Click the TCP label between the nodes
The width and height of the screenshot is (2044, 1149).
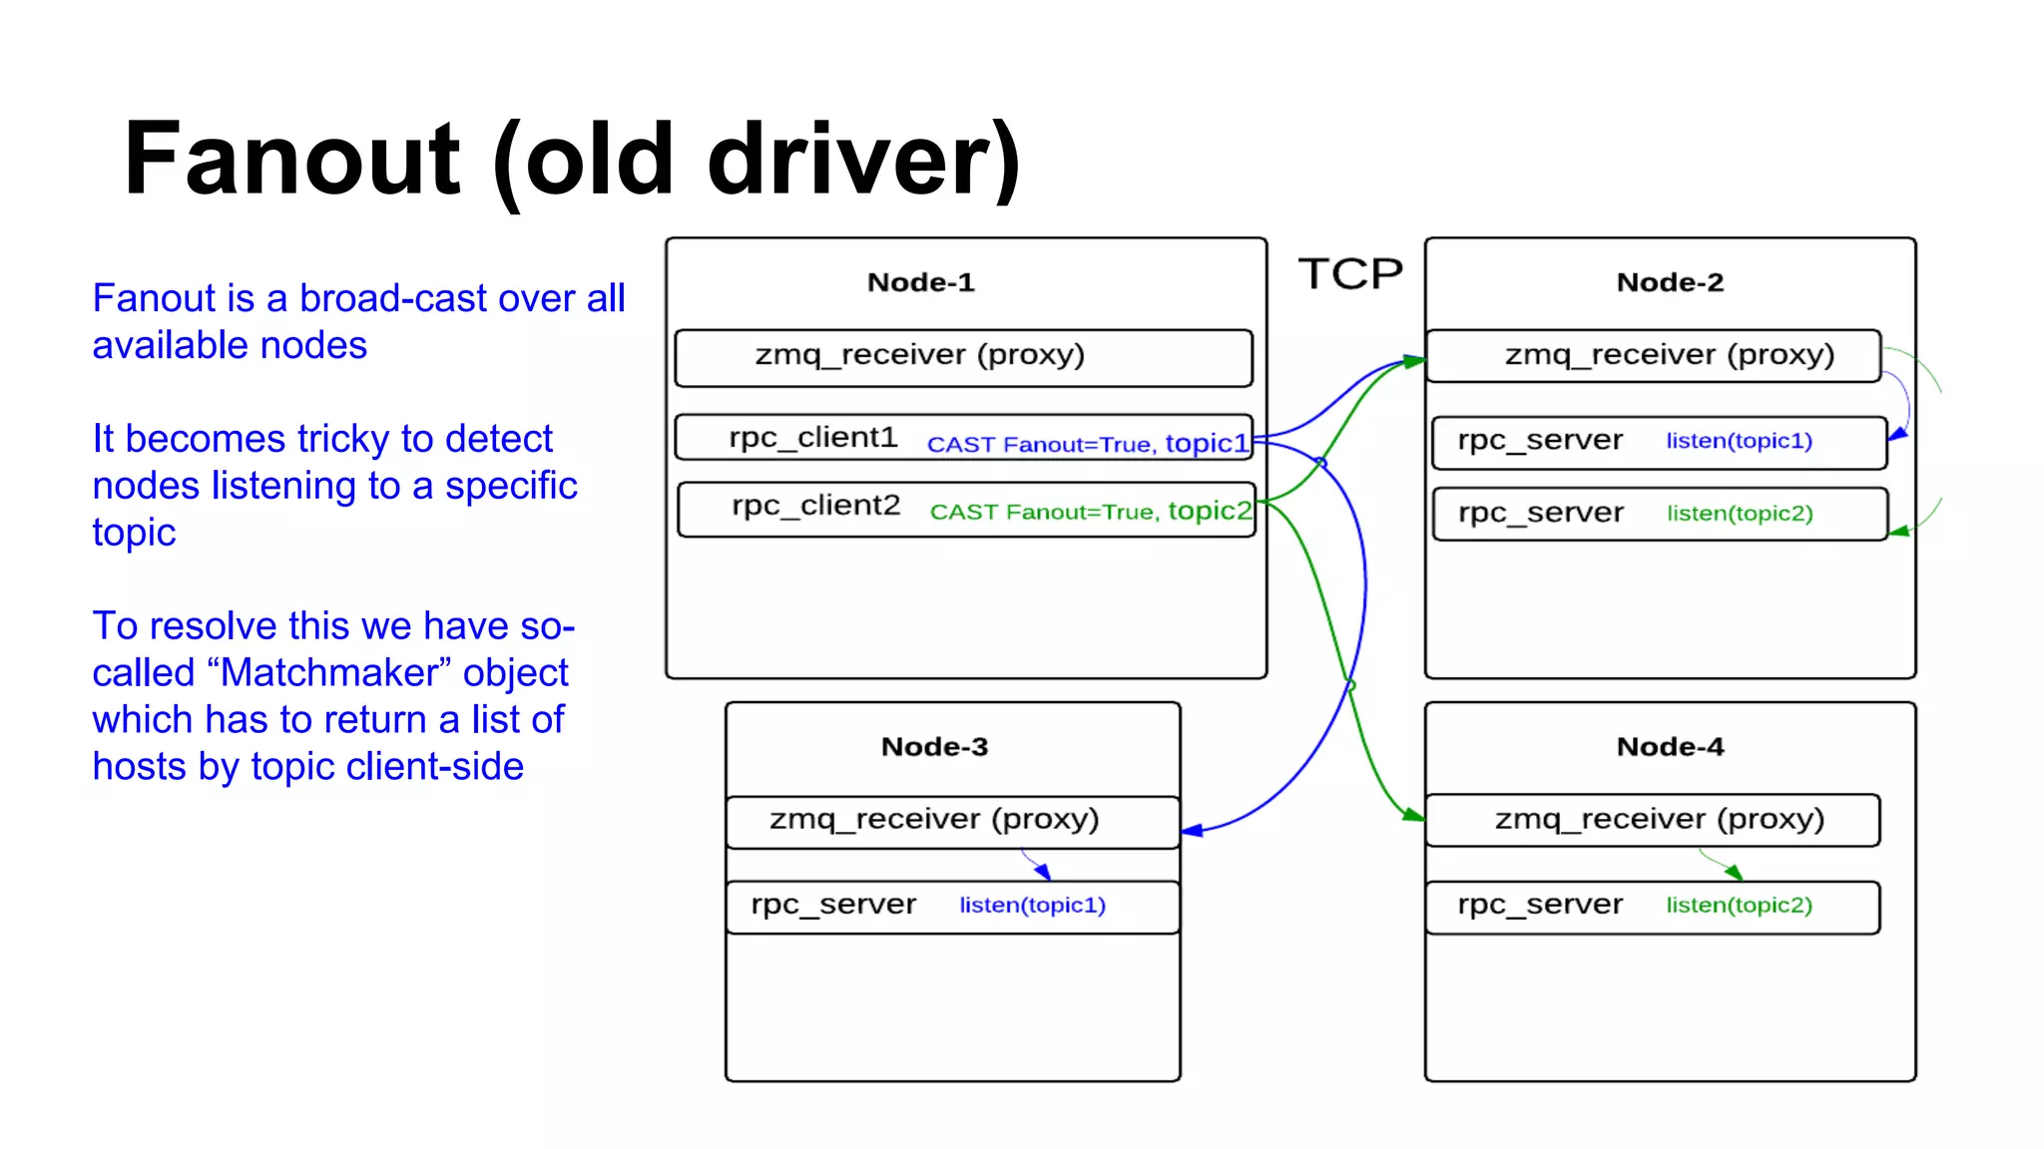pyautogui.click(x=1349, y=274)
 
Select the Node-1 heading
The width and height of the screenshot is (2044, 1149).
pyautogui.click(x=920, y=283)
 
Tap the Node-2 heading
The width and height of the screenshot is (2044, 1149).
pyautogui.click(x=1670, y=283)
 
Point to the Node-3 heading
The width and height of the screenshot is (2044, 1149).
pyautogui.click(x=934, y=747)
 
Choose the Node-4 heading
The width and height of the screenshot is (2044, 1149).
pyautogui.click(x=1670, y=747)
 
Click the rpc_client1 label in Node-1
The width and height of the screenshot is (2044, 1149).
pyautogui.click(x=812, y=438)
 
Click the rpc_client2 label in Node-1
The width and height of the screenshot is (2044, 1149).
pyautogui.click(x=815, y=506)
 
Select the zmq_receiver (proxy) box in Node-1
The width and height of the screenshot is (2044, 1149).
pyautogui.click(x=962, y=357)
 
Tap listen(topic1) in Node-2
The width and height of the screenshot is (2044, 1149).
pyautogui.click(x=1739, y=441)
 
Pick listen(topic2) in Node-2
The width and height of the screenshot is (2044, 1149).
pyautogui.click(x=1739, y=514)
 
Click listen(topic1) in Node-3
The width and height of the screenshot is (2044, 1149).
pyautogui.click(x=1032, y=905)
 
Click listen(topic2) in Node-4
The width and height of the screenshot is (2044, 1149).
pyautogui.click(x=1739, y=905)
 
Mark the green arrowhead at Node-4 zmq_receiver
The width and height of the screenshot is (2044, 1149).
pyautogui.click(x=1414, y=816)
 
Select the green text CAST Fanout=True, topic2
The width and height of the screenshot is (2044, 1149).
pyautogui.click(x=1090, y=512)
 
